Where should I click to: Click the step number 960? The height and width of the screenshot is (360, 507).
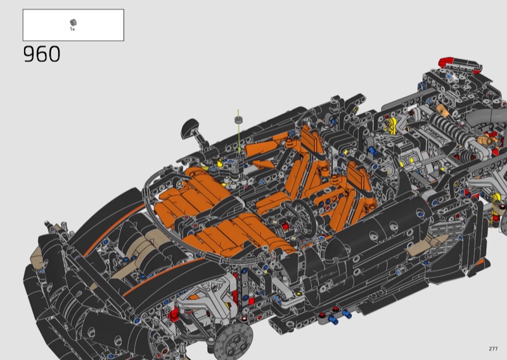tap(42, 54)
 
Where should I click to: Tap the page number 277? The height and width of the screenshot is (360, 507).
tap(493, 349)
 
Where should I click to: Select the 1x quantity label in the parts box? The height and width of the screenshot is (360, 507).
tap(72, 29)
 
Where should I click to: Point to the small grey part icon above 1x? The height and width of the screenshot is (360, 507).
tap(73, 22)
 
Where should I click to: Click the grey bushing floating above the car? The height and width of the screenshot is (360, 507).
tap(238, 120)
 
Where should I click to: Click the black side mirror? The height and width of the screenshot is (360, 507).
tap(190, 127)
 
